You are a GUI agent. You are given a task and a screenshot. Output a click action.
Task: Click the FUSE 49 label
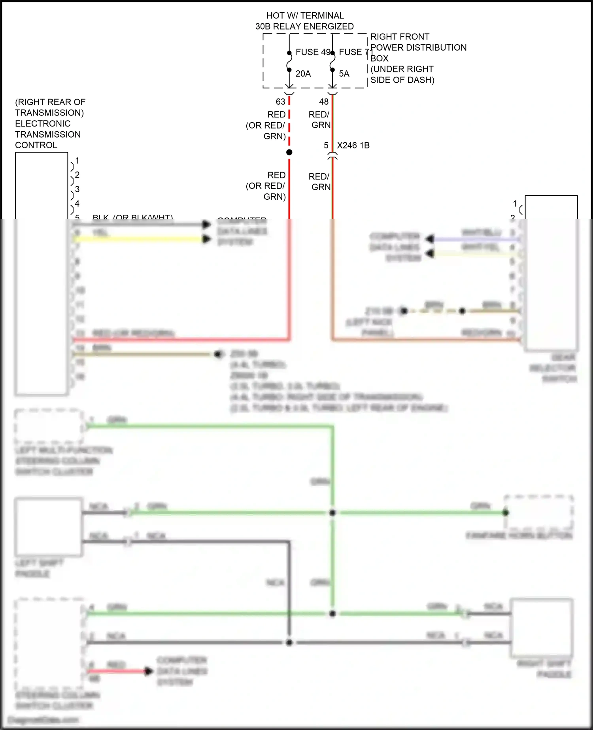(x=313, y=52)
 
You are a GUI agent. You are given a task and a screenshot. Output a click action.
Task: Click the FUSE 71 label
(x=355, y=52)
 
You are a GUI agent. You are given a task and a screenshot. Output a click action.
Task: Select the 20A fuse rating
(x=303, y=74)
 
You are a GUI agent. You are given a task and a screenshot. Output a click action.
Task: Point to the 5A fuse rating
(x=344, y=74)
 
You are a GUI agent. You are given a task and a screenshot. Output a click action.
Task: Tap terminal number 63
(x=281, y=102)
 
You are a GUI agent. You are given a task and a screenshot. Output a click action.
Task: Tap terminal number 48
(x=324, y=102)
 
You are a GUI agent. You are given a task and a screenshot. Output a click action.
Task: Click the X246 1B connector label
(x=353, y=146)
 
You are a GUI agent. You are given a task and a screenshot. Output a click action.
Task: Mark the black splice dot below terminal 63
(x=289, y=152)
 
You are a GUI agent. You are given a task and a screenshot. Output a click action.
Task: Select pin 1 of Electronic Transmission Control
(x=77, y=161)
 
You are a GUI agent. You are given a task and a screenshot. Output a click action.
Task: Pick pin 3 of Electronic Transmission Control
(x=77, y=189)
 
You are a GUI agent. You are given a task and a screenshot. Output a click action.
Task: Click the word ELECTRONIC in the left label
(x=43, y=124)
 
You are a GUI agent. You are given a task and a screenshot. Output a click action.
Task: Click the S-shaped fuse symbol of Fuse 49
(x=289, y=61)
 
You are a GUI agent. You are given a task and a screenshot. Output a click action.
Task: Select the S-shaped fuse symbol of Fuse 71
(x=332, y=61)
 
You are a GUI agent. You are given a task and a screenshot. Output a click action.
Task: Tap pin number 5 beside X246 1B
(x=326, y=146)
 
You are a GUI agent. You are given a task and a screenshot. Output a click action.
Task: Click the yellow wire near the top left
(x=138, y=239)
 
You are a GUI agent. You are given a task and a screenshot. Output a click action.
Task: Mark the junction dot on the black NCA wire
(x=289, y=643)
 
